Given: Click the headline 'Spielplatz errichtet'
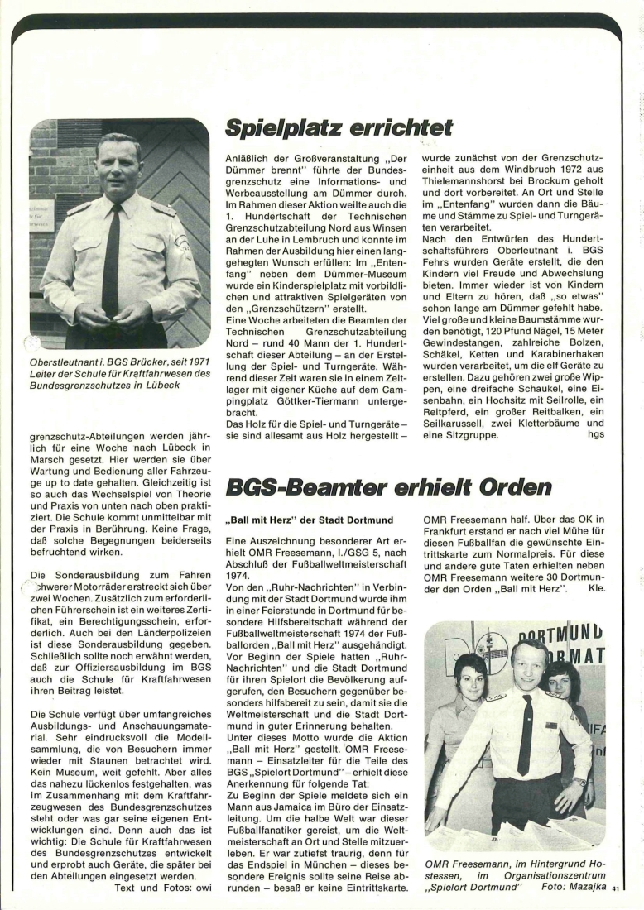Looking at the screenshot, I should pos(339,127).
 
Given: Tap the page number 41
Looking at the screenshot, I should pos(616,889).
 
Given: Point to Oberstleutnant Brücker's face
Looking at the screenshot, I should pos(118,165).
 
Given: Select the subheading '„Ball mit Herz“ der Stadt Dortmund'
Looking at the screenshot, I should pos(310,521).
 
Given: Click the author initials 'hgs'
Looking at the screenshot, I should pos(595,434).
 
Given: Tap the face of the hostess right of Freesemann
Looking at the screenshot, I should pos(564,686).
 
